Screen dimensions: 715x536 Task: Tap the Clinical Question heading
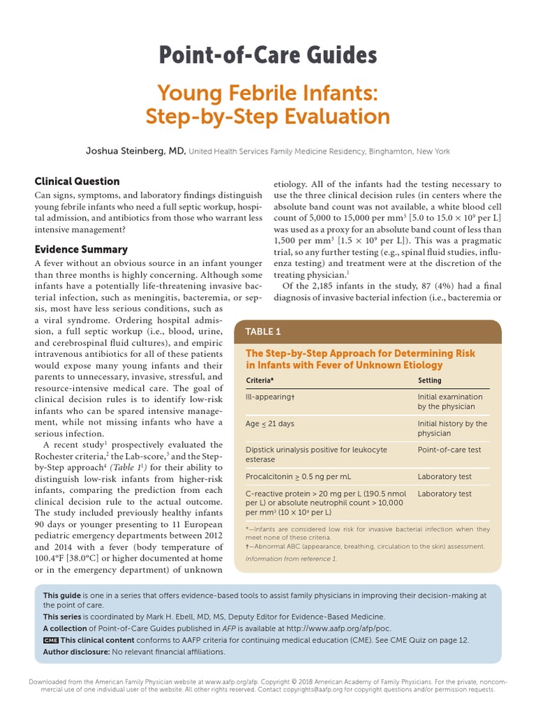point(77,181)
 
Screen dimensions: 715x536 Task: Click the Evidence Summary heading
point(81,249)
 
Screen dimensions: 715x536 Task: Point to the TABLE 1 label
point(262,332)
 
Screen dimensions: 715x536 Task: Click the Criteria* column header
point(260,380)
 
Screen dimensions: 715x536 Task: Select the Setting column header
point(429,380)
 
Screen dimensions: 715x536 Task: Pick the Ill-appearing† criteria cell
point(270,395)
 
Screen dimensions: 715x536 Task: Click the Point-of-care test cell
point(449,450)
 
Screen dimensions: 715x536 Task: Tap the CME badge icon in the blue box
point(50,640)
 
